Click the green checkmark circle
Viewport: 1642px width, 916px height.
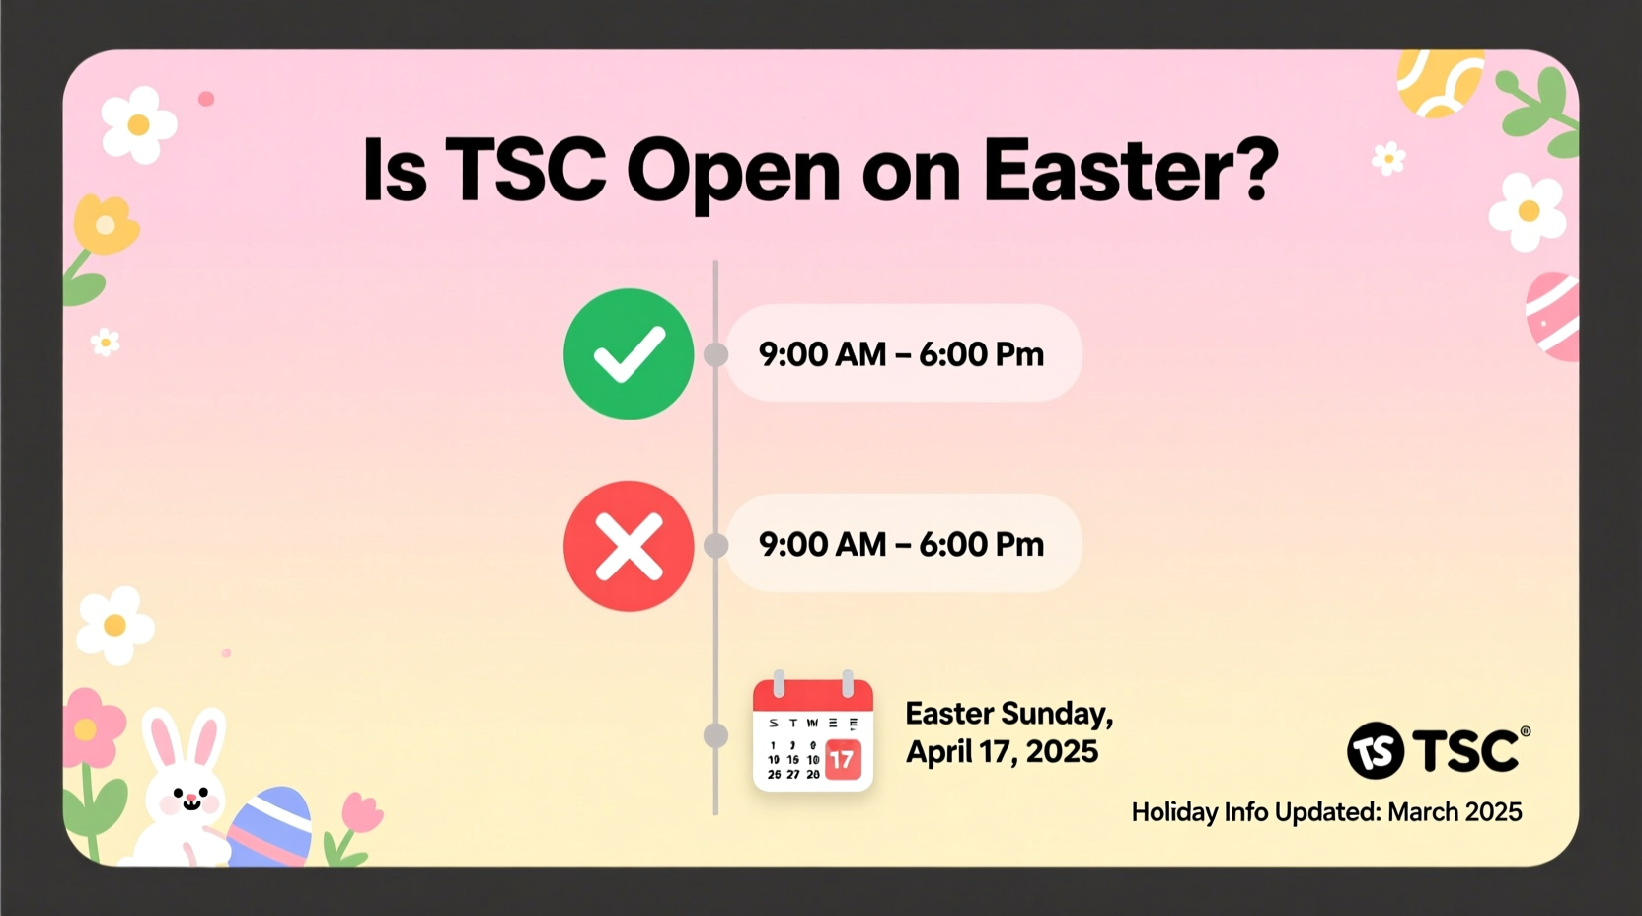click(629, 353)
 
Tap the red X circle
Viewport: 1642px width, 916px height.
click(629, 546)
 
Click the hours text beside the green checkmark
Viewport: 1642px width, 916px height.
click(901, 353)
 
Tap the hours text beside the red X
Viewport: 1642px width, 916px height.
click(901, 544)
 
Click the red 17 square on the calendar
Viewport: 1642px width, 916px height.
click(842, 759)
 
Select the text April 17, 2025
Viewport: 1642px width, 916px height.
click(1002, 752)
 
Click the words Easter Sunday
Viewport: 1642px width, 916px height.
click(1008, 713)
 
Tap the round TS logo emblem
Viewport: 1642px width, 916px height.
click(1375, 751)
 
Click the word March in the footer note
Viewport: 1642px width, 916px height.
click(1422, 812)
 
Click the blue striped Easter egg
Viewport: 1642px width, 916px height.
click(271, 826)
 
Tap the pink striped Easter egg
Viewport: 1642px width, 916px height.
click(1554, 316)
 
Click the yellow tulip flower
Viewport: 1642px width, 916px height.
click(106, 225)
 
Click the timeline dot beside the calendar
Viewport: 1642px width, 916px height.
click(715, 735)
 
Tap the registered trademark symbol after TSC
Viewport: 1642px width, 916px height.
click(1526, 731)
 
